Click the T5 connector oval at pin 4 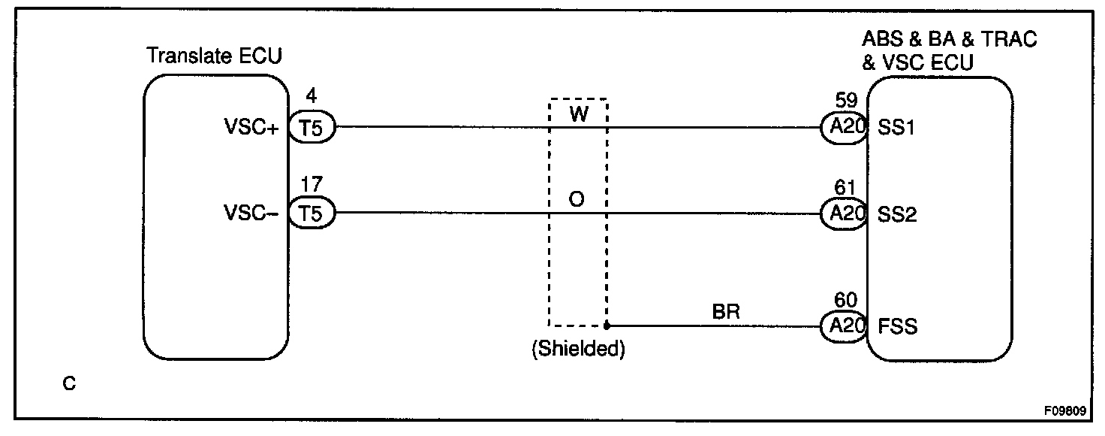coord(312,128)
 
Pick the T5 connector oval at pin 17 coord(312,213)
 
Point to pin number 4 coord(312,97)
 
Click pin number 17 coord(312,183)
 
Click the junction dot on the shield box coord(607,326)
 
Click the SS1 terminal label coord(896,128)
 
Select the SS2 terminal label coord(896,213)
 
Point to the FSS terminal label coord(897,326)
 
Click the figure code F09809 coord(1064,413)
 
